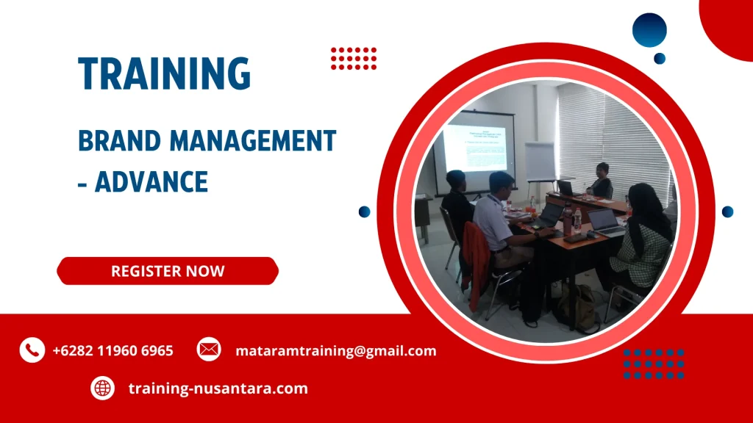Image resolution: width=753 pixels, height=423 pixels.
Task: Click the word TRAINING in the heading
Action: (165, 73)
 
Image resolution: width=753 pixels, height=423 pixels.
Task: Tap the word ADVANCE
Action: (151, 181)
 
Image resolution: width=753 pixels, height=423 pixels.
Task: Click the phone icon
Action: (32, 350)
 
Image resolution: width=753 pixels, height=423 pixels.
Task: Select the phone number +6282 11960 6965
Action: (113, 351)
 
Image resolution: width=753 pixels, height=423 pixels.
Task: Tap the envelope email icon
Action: (209, 350)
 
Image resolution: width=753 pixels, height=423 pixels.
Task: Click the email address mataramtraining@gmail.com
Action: (335, 351)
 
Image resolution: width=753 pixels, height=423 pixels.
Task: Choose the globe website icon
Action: (103, 388)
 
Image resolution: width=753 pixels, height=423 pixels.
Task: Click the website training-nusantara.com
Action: (218, 388)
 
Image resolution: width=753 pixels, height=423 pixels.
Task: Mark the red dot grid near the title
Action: (354, 58)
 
